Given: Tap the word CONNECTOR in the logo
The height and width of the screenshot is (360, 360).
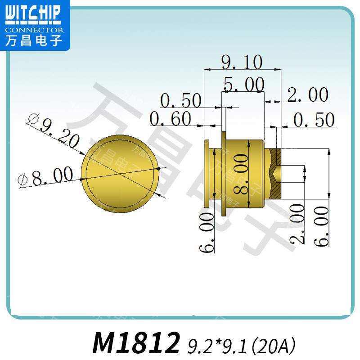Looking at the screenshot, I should click(35, 30).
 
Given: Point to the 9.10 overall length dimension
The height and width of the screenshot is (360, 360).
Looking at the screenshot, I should click(242, 62).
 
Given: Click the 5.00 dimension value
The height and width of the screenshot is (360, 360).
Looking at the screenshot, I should click(243, 84).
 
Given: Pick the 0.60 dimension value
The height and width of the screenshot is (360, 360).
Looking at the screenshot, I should click(171, 119).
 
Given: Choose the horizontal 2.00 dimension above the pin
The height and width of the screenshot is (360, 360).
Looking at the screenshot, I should click(308, 95).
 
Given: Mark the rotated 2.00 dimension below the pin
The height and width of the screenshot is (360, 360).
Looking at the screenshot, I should click(297, 224).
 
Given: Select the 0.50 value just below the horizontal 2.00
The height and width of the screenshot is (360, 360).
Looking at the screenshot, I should click(314, 120).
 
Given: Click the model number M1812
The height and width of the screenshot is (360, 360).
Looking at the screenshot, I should click(136, 343).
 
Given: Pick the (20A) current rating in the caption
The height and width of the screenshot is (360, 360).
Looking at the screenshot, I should click(274, 345).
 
